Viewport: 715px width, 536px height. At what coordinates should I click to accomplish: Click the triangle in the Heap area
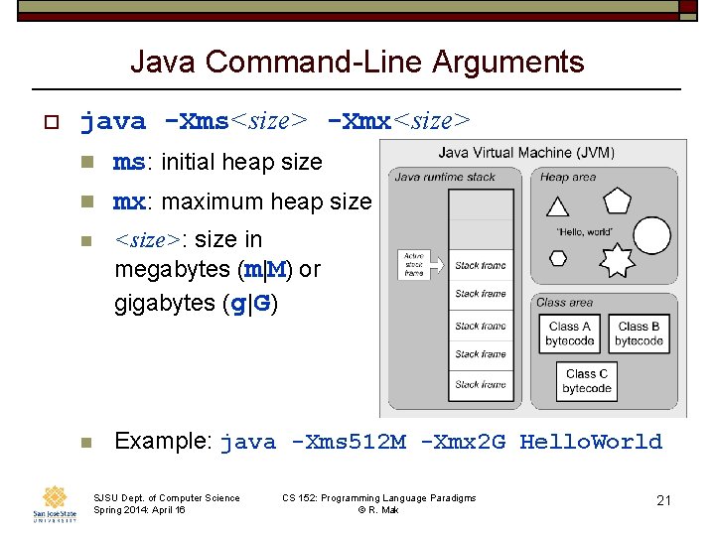coord(557,206)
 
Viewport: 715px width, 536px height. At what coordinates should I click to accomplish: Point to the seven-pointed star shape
coord(617,260)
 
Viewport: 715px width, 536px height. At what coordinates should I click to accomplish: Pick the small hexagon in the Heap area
coord(557,257)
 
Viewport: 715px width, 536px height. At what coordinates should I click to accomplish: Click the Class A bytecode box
coord(569,334)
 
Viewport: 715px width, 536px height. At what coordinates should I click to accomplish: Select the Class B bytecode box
coord(639,334)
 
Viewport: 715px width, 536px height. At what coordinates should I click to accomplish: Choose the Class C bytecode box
coord(587,381)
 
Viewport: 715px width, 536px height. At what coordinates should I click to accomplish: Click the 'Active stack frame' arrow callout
coord(414,265)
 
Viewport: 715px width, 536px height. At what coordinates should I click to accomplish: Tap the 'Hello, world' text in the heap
coord(585,231)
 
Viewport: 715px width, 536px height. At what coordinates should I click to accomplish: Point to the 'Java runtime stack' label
coord(444,177)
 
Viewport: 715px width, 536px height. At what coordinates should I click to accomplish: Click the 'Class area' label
coord(564,303)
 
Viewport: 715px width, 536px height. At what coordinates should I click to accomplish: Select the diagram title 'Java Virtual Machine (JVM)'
coord(526,153)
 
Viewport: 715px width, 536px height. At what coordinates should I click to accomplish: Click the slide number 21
coord(663,500)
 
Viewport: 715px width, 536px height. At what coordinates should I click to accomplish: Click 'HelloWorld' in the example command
coord(590,442)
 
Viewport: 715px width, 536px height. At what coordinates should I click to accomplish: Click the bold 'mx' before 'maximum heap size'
coord(129,201)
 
